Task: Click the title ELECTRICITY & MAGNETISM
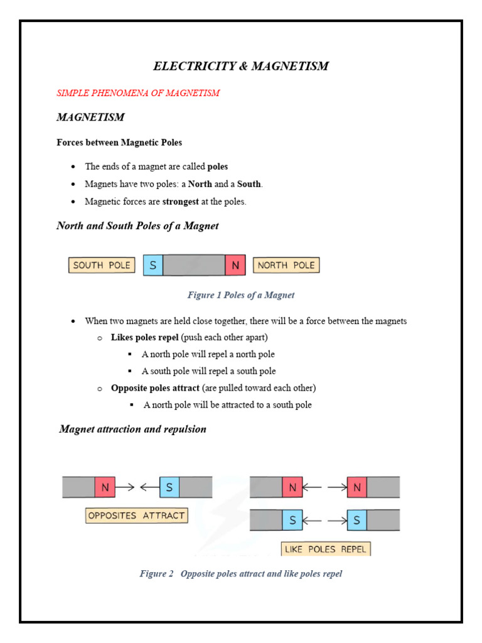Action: coord(241,66)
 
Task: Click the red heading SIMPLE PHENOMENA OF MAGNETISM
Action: coord(138,93)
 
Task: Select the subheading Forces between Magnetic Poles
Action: coord(119,143)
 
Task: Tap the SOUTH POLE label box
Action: coord(102,265)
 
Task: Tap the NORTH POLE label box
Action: coord(286,265)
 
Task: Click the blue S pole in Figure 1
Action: coord(153,265)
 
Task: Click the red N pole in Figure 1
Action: coord(235,265)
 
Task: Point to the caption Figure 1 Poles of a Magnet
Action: coord(241,295)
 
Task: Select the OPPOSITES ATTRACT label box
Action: coord(137,516)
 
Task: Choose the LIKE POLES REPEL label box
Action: coord(326,549)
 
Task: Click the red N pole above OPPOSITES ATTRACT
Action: coord(105,487)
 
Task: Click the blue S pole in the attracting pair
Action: coord(169,487)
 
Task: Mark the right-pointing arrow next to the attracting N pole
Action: coord(126,487)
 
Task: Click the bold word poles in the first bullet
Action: coord(218,166)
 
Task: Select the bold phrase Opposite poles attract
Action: coord(155,388)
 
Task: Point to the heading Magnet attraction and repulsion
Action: coord(132,430)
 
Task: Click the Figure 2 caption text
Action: coord(241,574)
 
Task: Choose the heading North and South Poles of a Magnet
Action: coord(137,226)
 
